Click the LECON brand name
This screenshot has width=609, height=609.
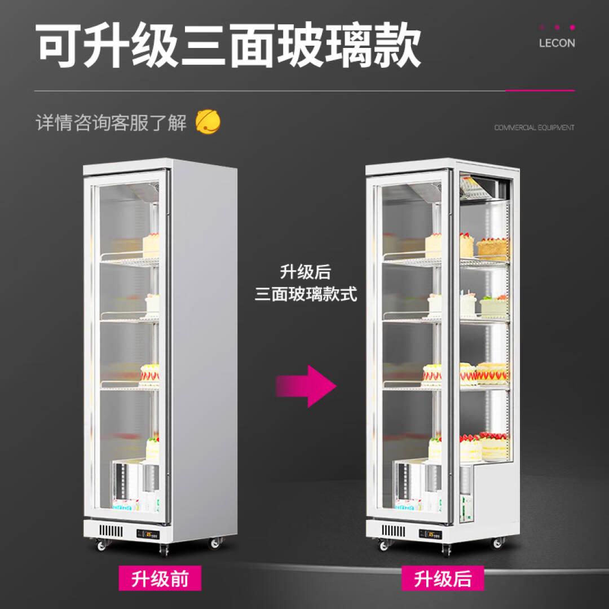[557, 43]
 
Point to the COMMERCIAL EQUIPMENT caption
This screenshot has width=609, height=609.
[534, 127]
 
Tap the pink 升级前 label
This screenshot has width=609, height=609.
[160, 578]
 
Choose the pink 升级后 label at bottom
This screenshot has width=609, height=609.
[443, 578]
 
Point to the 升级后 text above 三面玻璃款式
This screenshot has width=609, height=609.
[306, 272]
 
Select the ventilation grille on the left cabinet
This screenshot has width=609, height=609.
[111, 531]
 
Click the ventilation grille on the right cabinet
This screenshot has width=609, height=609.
[393, 531]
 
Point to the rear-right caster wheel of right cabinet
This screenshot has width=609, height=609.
[497, 543]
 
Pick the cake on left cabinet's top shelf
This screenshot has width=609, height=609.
[151, 246]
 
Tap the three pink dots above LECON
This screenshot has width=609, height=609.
[557, 27]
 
